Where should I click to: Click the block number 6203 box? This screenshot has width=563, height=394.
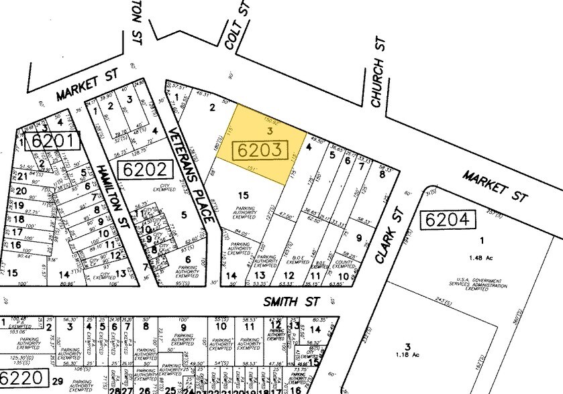click(260, 150)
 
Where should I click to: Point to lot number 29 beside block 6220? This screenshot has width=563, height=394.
click(58, 381)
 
